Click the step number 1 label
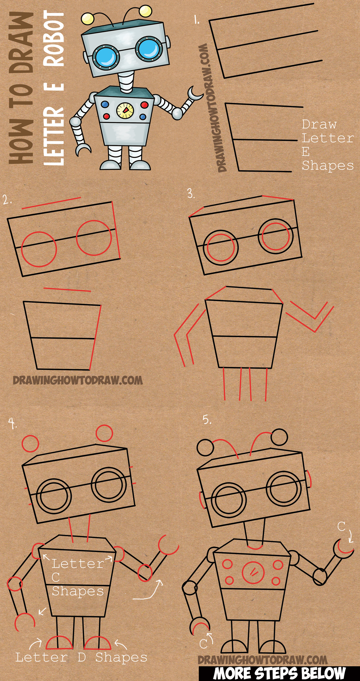click(196, 20)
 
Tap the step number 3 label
click(191, 193)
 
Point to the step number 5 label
click(207, 419)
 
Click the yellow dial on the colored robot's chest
click(125, 110)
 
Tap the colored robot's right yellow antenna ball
click(145, 11)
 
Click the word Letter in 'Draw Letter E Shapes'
click(327, 138)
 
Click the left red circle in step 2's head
click(39, 249)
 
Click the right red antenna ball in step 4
click(104, 433)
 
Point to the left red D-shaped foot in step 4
click(59, 643)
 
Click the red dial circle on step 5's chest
click(253, 572)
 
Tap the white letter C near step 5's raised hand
click(341, 526)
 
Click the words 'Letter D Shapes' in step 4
click(81, 657)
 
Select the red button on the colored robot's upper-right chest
click(144, 105)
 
